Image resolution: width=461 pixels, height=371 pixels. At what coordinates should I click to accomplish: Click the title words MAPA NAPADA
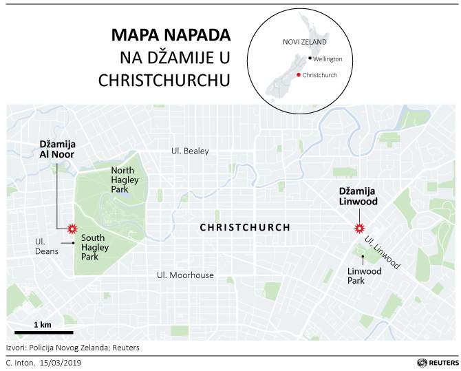[171, 36]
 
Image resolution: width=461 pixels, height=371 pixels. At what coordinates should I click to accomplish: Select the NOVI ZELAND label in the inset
[299, 43]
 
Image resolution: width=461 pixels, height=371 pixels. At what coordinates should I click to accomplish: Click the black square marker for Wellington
[310, 59]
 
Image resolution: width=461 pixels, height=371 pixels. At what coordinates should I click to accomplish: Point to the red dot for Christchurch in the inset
[298, 74]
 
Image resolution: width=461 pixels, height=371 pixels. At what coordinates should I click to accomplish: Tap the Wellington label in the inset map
[329, 59]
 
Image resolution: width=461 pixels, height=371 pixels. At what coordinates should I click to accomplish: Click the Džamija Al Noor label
[56, 149]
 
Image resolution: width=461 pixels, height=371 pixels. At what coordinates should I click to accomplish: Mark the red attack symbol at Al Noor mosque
[70, 229]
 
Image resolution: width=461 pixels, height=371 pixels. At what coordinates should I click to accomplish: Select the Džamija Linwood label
[358, 196]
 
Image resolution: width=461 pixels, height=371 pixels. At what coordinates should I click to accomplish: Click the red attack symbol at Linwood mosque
[358, 229]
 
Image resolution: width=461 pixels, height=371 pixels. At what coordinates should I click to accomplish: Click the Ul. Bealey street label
[190, 151]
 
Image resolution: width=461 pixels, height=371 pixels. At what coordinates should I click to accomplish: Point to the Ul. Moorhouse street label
[186, 275]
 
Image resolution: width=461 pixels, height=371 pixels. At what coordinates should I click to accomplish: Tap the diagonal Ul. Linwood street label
[383, 253]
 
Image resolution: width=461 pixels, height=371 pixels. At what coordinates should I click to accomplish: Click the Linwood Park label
[363, 276]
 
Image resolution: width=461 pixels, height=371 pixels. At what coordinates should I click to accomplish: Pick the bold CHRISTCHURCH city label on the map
[245, 228]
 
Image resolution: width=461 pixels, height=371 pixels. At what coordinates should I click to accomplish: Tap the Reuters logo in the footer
[436, 361]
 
